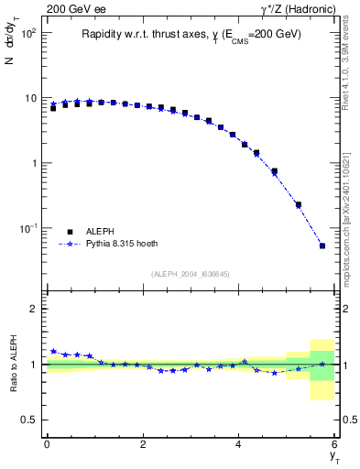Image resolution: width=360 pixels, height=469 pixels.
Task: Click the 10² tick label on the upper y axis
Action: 29,33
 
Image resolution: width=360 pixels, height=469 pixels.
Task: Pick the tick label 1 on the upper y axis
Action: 34,163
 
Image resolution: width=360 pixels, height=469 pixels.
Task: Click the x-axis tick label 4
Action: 238,444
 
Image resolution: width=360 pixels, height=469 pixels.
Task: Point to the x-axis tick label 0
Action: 47,444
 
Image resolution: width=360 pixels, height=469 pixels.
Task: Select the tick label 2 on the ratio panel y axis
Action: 34,309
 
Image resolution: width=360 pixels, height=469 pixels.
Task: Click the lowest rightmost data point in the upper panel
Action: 322,245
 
